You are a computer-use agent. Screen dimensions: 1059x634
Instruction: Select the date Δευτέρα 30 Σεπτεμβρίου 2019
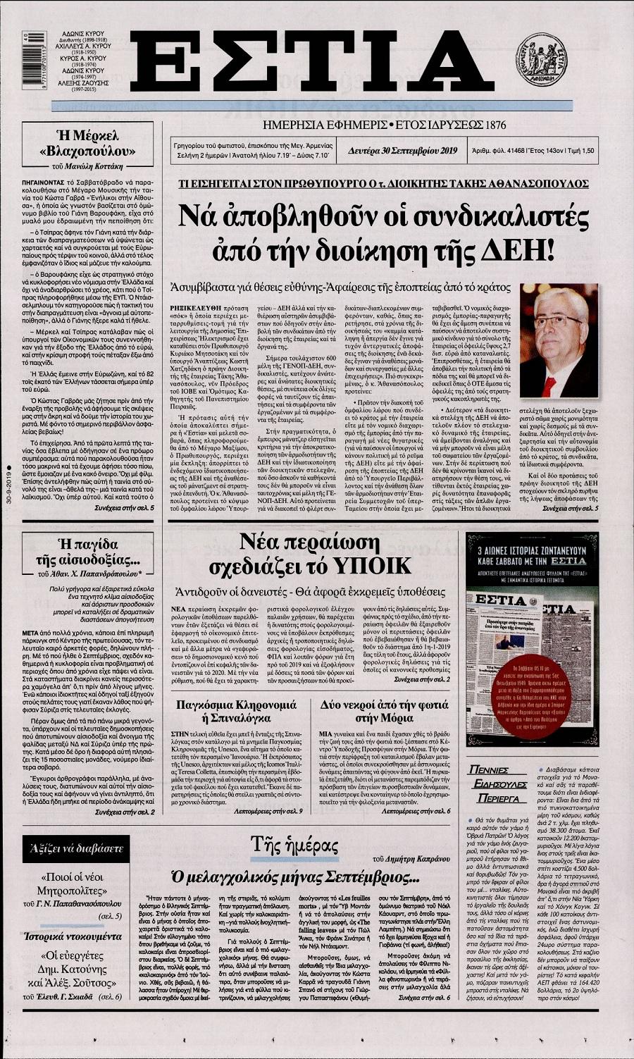pos(403,149)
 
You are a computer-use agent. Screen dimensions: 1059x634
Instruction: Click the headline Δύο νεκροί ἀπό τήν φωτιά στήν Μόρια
pos(394,711)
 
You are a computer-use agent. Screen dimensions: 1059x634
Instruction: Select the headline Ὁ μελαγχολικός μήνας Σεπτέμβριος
pos(292,877)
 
